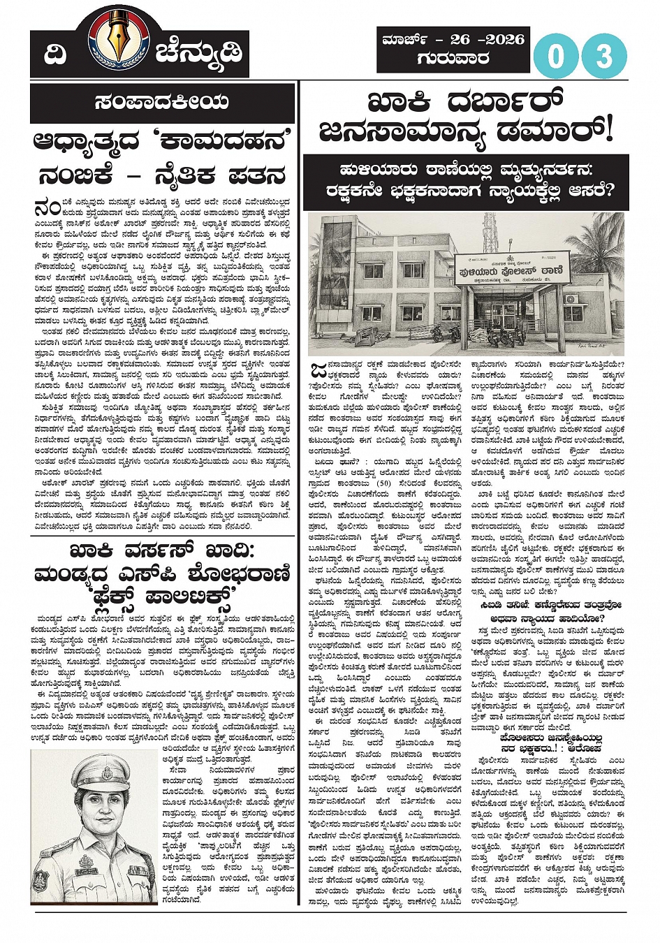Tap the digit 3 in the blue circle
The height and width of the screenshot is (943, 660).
[604, 55]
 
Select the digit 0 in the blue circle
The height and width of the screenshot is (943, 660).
[555, 55]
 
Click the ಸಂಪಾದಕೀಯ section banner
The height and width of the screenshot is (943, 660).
[162, 102]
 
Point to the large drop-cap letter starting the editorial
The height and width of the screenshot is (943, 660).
[47, 208]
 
